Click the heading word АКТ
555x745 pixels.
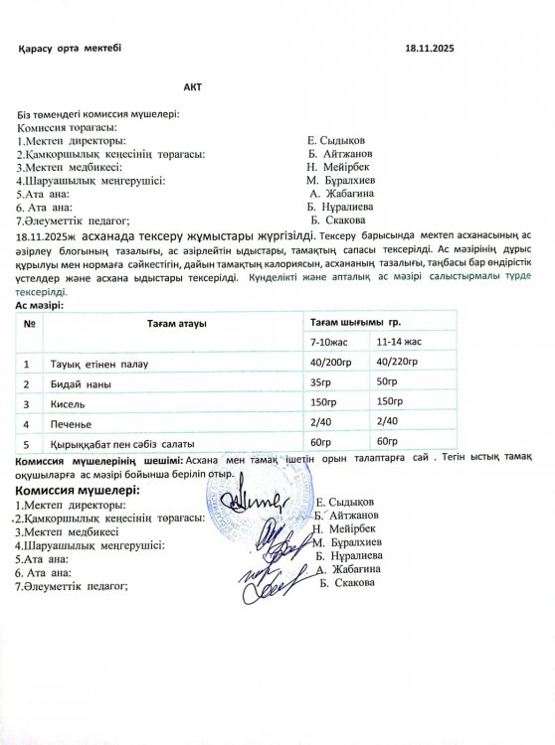pos(192,87)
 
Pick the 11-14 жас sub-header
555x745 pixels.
pos(400,343)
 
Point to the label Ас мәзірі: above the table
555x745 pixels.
pos(40,306)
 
